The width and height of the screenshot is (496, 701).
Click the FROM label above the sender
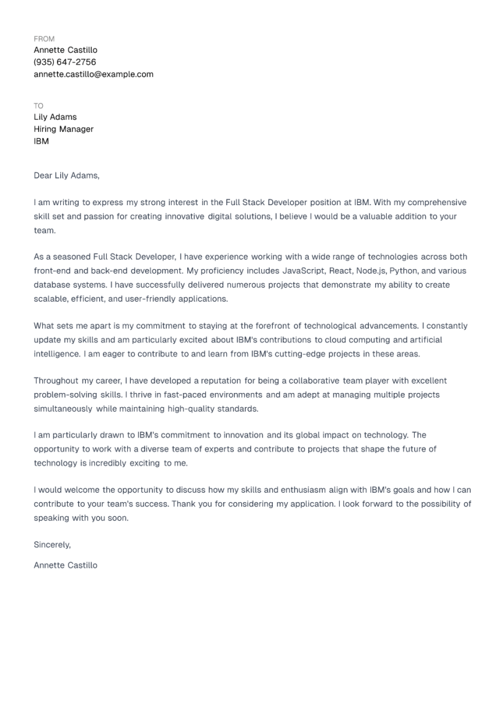[44, 38]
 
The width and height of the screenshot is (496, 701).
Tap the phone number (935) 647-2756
[64, 62]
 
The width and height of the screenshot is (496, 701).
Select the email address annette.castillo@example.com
[93, 74]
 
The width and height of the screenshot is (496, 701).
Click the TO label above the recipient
[38, 106]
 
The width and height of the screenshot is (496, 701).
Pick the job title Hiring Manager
[63, 129]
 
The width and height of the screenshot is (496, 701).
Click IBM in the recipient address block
[41, 141]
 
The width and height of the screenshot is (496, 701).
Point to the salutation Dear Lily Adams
[66, 175]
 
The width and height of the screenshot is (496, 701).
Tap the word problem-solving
[65, 394]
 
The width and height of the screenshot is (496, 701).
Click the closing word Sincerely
[53, 545]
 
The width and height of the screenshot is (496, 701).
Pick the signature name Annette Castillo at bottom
[65, 565]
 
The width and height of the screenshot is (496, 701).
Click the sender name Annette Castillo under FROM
[65, 50]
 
